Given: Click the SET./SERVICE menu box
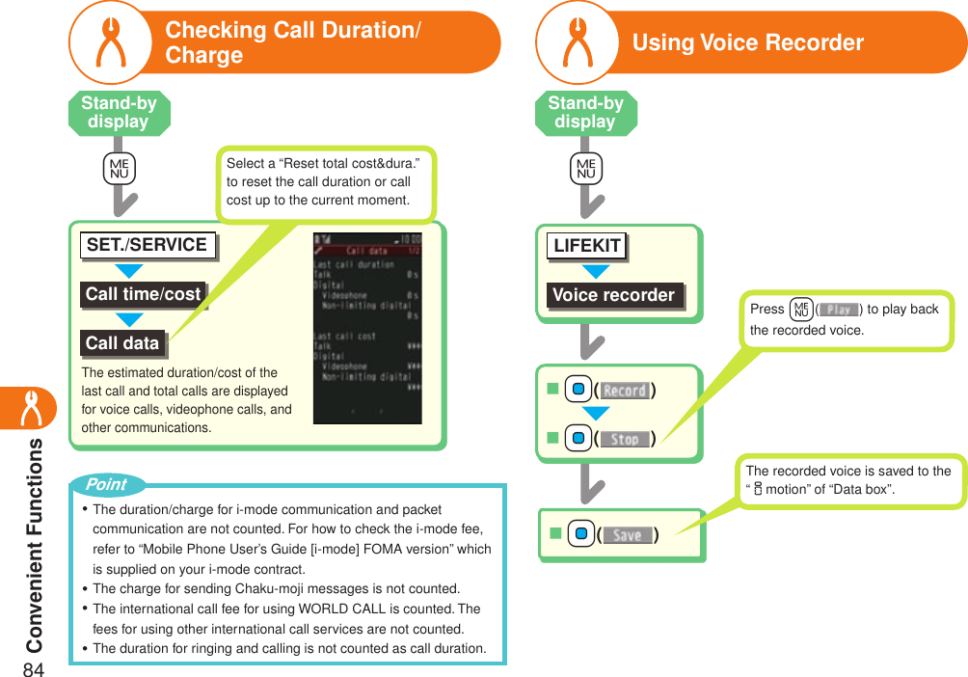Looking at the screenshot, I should click(147, 245).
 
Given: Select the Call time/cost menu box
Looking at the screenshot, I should click(143, 295).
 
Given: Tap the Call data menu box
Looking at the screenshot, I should click(121, 343).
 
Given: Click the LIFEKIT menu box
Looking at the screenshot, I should click(586, 246).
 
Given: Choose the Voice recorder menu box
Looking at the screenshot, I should click(613, 295).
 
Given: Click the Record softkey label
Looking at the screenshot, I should click(625, 391).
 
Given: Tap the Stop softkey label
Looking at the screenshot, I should click(625, 440).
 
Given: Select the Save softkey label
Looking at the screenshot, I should click(627, 535).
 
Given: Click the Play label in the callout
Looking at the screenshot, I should click(838, 310).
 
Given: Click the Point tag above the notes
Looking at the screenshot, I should click(106, 484).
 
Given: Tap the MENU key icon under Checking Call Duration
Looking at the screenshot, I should click(120, 170).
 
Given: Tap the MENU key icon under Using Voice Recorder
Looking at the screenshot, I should click(585, 170).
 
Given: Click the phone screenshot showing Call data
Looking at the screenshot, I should click(367, 327).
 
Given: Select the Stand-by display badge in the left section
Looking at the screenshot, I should click(119, 113).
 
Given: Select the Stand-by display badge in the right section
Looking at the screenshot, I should click(585, 113).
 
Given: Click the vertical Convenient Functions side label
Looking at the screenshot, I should click(34, 545).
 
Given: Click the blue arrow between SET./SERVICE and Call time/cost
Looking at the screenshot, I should click(128, 270).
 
